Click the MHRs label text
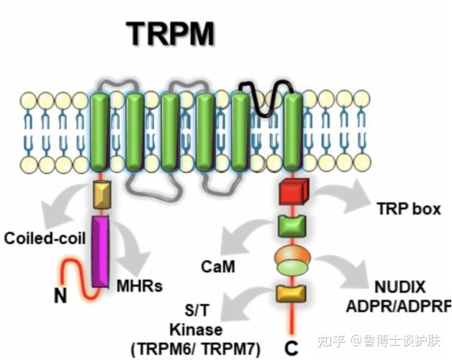[139, 286]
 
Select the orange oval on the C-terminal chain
[291, 256]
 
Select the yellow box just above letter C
[291, 292]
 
